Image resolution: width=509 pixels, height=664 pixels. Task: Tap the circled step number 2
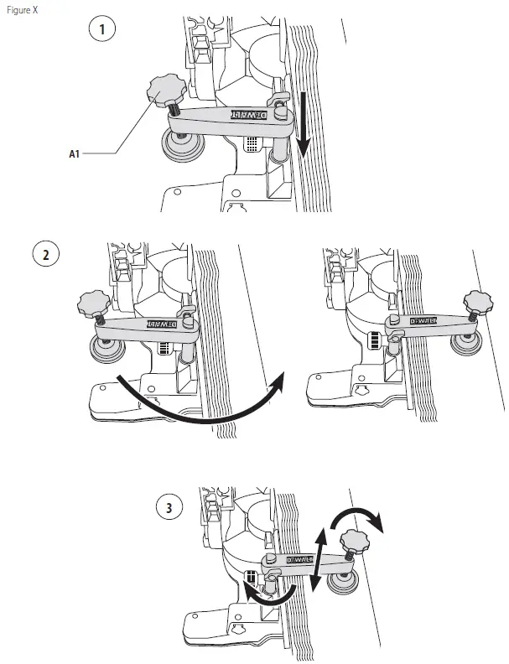[45, 253]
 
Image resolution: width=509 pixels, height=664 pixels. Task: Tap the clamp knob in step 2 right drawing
[480, 300]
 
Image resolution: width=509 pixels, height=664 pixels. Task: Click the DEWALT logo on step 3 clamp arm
[299, 559]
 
